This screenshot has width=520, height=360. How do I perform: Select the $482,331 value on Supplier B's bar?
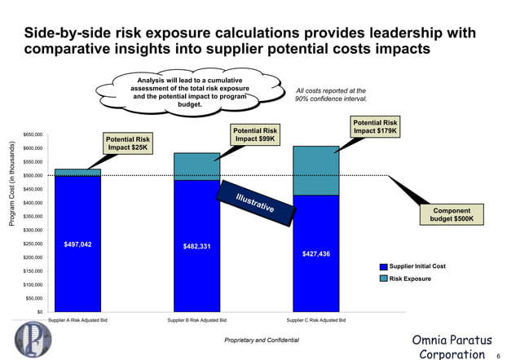tap(196, 247)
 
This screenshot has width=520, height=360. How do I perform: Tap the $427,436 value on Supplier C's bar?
tap(315, 254)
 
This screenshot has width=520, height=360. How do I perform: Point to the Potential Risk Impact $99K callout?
tap(255, 135)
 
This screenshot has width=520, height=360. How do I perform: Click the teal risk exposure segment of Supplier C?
tap(315, 170)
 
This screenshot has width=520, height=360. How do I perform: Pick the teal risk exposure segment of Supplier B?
tap(196, 165)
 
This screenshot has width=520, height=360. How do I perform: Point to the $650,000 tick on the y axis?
tap(33, 134)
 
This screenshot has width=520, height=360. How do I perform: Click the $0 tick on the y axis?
tap(40, 311)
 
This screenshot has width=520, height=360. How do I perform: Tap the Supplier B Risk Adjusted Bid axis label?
tap(196, 321)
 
